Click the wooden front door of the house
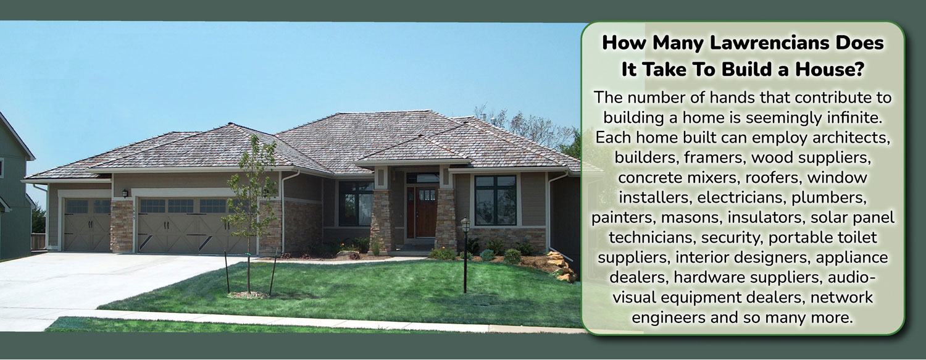tap(426, 212)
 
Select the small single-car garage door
tap(87, 224)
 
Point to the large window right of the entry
tap(495, 199)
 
